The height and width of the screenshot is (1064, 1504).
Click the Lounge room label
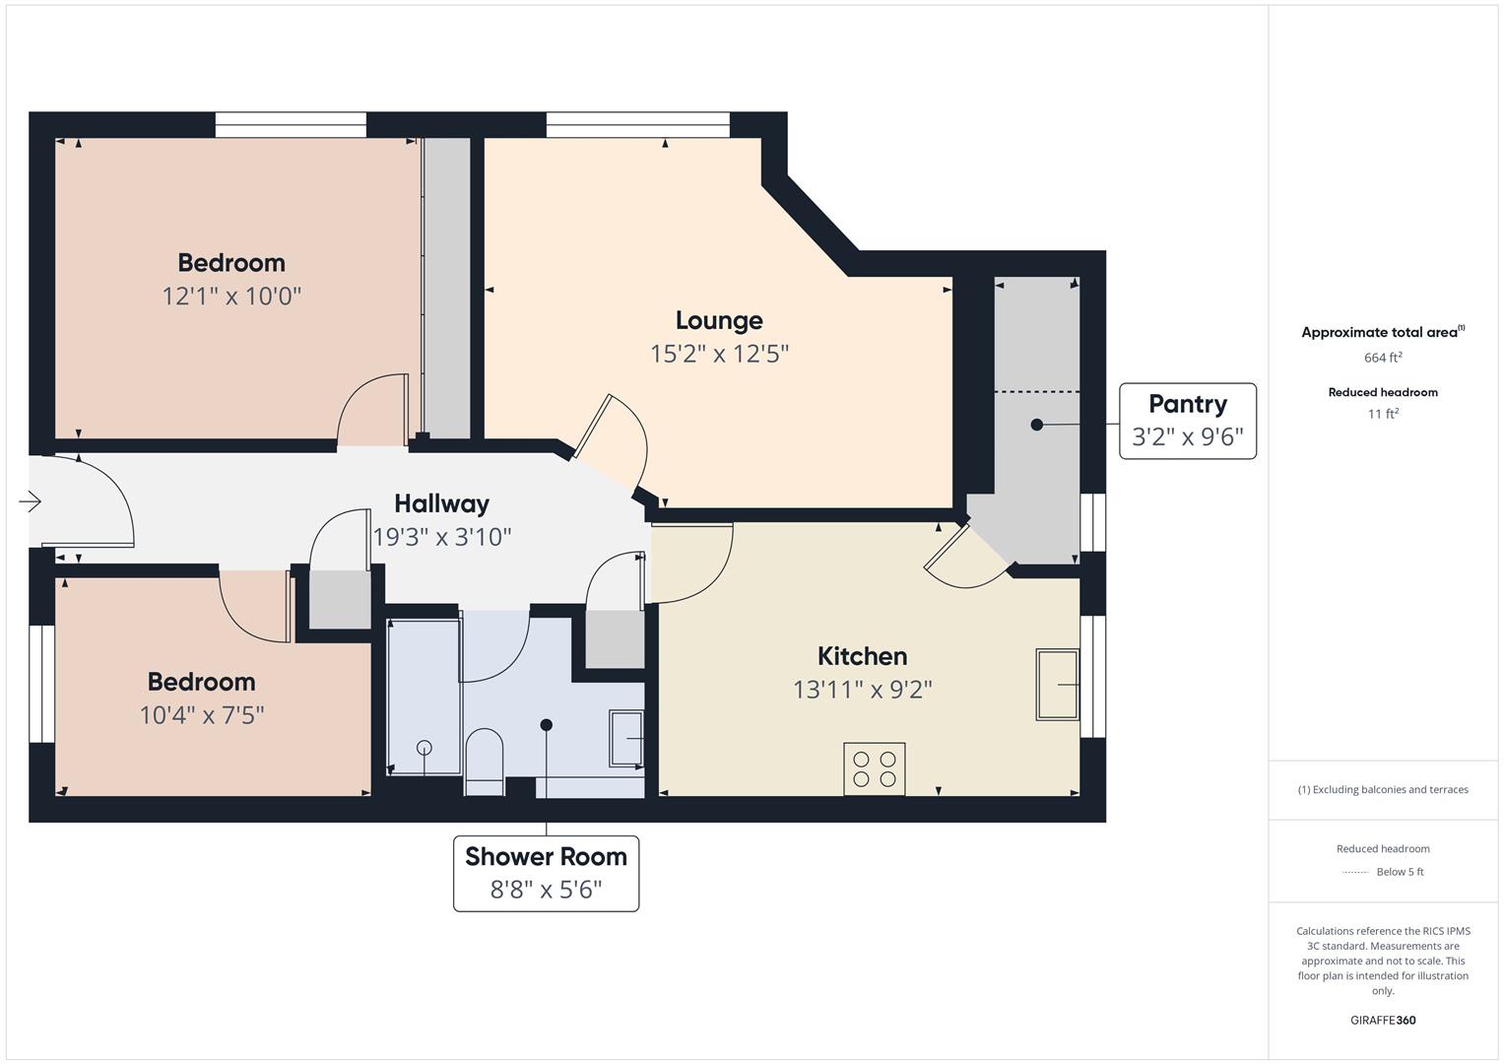click(719, 320)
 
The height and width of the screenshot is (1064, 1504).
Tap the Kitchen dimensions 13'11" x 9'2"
click(863, 690)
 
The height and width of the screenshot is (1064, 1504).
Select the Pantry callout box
click(1188, 422)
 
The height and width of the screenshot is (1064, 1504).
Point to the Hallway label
click(442, 503)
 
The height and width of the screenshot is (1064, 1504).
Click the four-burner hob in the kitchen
click(875, 769)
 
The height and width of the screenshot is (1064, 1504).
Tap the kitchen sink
click(1058, 685)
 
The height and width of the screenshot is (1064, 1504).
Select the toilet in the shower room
click(485, 762)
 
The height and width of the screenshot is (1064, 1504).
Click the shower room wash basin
click(626, 738)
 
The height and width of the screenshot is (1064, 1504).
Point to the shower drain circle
click(425, 747)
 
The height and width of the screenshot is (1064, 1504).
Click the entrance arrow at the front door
click(31, 501)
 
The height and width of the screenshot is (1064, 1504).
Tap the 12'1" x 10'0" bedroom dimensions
click(231, 297)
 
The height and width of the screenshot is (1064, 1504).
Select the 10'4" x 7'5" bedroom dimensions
click(202, 715)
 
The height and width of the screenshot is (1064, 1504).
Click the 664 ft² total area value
click(1383, 358)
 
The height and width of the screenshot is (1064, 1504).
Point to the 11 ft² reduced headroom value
click(1383, 414)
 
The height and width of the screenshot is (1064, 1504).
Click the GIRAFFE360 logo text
click(1383, 1020)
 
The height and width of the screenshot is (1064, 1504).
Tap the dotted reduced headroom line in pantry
click(1037, 392)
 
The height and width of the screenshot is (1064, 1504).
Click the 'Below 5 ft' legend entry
click(1400, 871)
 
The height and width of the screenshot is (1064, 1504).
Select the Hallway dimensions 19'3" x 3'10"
click(442, 537)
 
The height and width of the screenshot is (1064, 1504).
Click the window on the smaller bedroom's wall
click(41, 684)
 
